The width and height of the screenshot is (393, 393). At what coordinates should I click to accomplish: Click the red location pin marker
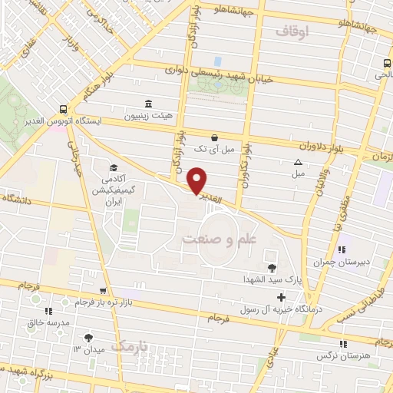197,180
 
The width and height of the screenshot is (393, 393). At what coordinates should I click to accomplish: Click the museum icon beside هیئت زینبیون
148,104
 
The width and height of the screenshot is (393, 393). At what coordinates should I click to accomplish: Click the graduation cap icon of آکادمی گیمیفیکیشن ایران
114,168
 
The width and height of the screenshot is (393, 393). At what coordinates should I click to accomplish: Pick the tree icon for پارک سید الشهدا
271,268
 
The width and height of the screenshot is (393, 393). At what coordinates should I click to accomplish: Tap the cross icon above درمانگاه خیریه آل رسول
282,296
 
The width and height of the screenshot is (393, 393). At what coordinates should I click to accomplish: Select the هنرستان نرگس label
342,357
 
